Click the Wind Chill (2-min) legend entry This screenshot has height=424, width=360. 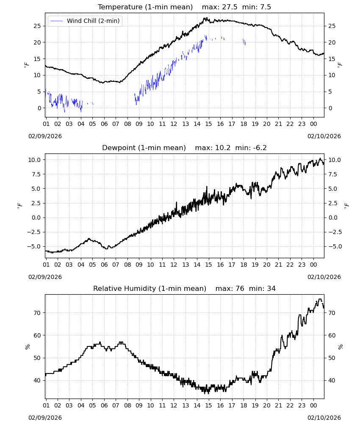point(85,21)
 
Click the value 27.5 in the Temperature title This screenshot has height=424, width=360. point(230,7)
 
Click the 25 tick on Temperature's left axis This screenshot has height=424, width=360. point(37,26)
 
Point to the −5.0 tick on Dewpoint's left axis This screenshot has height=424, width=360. point(33,246)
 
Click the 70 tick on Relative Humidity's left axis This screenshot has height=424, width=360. point(37,313)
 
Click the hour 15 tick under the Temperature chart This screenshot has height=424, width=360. point(208,124)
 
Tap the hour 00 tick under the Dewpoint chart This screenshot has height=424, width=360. point(313,265)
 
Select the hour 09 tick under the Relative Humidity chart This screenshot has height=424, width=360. point(139,406)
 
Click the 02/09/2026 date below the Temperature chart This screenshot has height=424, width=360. point(45,136)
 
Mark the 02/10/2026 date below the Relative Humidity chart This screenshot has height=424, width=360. point(324,418)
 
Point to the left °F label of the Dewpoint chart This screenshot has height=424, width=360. point(20,206)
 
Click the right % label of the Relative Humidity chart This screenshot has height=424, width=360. point(341,347)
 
